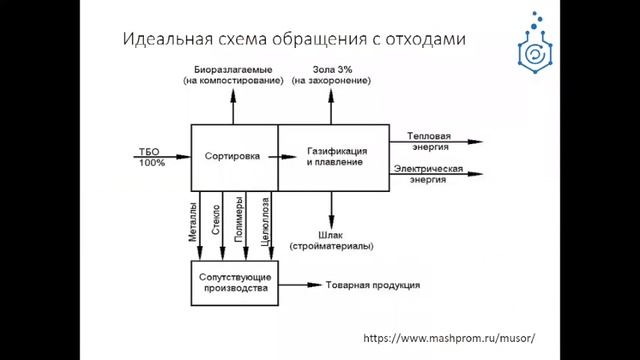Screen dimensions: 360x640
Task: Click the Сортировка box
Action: click(233, 156)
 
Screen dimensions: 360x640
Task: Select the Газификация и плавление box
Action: click(334, 156)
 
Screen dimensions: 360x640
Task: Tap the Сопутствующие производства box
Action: click(233, 282)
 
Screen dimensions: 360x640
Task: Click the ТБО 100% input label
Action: click(152, 157)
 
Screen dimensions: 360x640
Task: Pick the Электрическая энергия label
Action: click(428, 171)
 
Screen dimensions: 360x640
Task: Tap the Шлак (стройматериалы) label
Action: click(332, 240)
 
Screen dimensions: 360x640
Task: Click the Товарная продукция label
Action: click(372, 285)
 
